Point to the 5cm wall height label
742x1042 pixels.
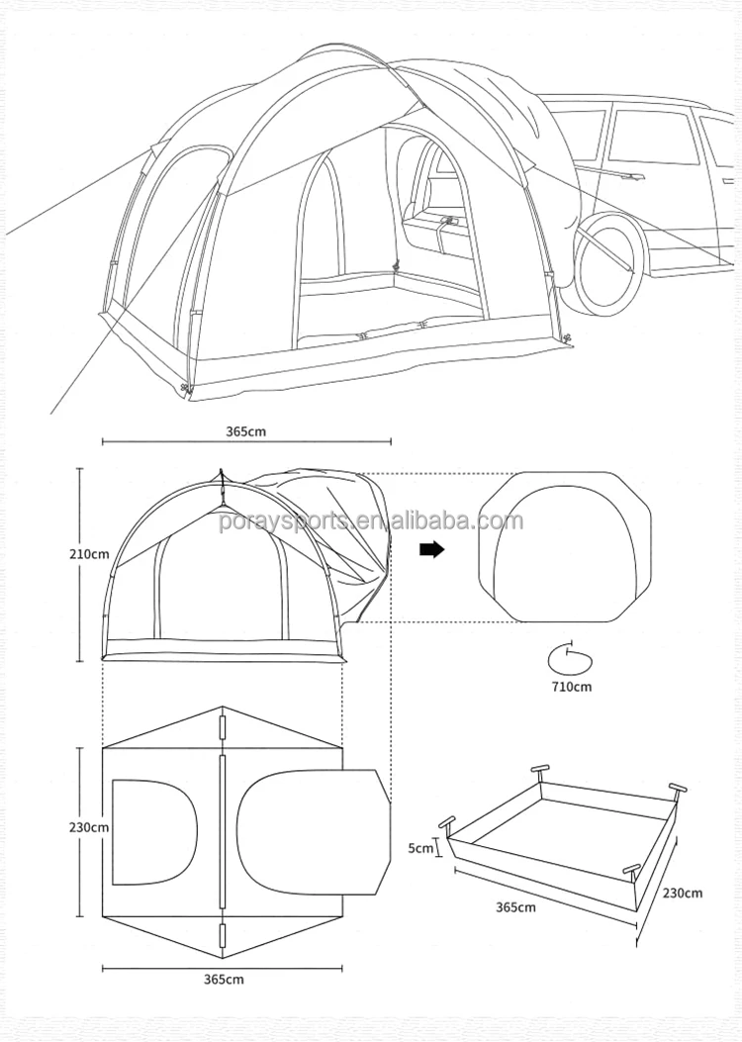420,847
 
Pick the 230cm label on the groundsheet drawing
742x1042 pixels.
682,893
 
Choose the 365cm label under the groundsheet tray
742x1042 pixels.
514,906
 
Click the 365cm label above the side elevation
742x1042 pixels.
246,431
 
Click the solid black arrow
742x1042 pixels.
431,550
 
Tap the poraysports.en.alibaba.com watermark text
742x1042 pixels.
371,521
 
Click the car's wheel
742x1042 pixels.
608,260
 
